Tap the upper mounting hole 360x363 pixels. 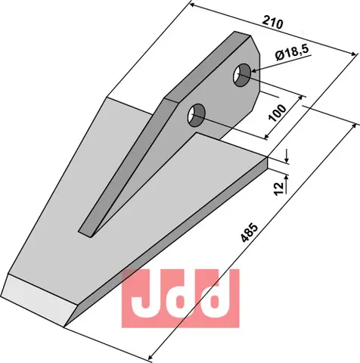point(243,73)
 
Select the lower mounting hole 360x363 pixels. point(196,116)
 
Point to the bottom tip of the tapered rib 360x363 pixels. point(83,231)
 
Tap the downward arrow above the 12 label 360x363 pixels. point(288,160)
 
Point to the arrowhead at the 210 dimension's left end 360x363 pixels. point(191,6)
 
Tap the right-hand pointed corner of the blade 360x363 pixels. point(267,161)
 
